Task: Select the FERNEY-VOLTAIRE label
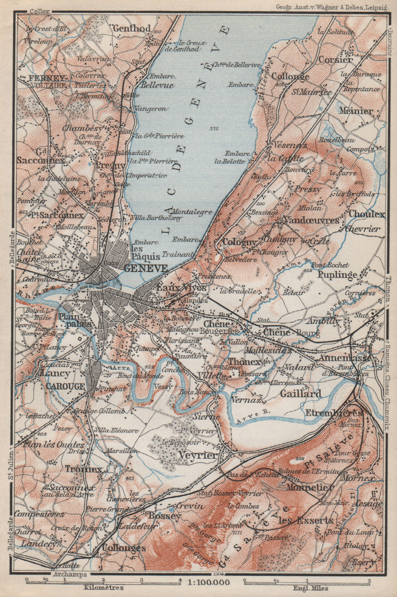click(x=47, y=81)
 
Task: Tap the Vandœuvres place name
click(x=311, y=220)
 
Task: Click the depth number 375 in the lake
click(x=213, y=129)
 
